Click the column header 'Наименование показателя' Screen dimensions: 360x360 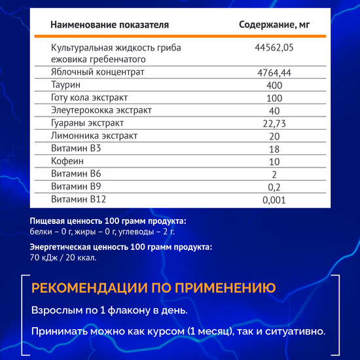click(109, 26)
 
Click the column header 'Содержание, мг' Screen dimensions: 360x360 click(274, 26)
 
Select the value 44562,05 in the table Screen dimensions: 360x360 click(274, 48)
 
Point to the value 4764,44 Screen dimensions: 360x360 click(274, 72)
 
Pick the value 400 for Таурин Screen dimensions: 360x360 click(274, 85)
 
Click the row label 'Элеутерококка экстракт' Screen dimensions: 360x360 click(101, 110)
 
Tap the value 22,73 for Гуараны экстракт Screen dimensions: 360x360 click(274, 123)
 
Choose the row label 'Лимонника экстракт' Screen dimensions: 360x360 click(94, 135)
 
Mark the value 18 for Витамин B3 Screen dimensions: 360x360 click(274, 149)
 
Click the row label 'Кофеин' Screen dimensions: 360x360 click(67, 161)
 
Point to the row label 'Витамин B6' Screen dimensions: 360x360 click(76, 174)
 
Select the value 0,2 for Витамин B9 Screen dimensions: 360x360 click(274, 187)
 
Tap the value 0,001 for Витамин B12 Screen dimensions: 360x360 click(274, 200)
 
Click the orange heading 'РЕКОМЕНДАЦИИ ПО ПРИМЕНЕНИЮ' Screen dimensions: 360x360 click(153, 289)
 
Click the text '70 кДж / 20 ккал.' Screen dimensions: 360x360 click(63, 257)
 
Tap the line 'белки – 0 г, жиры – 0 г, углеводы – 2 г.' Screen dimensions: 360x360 click(102, 231)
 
